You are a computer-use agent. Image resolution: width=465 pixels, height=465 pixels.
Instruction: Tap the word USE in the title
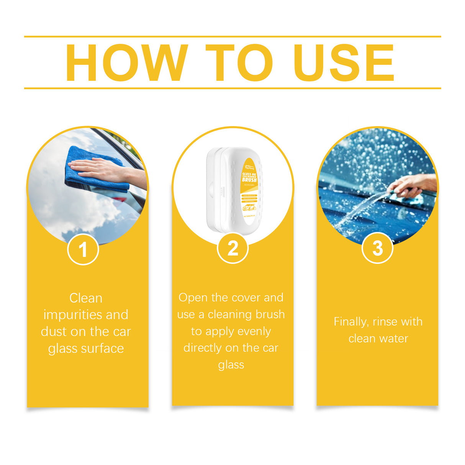point(344,63)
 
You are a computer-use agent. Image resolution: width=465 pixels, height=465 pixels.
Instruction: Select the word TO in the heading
point(239,63)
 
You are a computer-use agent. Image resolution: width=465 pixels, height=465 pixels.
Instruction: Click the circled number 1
point(83,250)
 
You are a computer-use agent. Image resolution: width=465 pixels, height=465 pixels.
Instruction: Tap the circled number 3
point(377,248)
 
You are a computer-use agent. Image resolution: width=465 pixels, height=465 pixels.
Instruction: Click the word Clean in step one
point(86,298)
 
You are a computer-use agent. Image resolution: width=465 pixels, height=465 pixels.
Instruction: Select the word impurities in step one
point(73,315)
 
